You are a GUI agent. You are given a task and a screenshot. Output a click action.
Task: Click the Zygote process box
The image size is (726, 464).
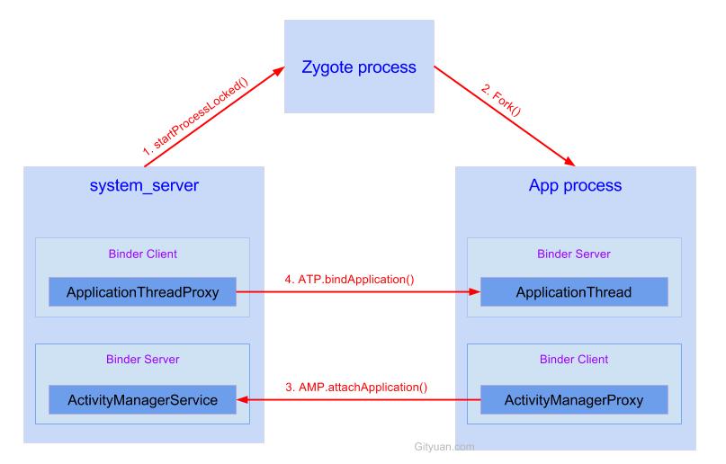click(x=358, y=67)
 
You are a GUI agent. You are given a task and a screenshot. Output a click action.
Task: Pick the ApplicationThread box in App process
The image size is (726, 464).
click(x=574, y=292)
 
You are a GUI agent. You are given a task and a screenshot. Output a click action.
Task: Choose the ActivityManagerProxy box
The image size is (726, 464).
click(x=574, y=399)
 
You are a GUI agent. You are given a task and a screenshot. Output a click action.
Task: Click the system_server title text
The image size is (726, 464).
click(x=144, y=186)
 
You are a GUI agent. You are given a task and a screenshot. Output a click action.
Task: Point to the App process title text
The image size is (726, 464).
click(x=574, y=186)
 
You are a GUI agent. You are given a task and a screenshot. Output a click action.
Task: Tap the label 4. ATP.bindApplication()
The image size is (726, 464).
click(x=349, y=279)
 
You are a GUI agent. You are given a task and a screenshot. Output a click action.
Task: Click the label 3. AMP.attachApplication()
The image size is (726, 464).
click(x=355, y=388)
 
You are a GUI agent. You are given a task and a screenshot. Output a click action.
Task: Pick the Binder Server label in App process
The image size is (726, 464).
click(x=574, y=254)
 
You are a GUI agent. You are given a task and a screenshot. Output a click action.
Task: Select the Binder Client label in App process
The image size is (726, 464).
click(x=574, y=359)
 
